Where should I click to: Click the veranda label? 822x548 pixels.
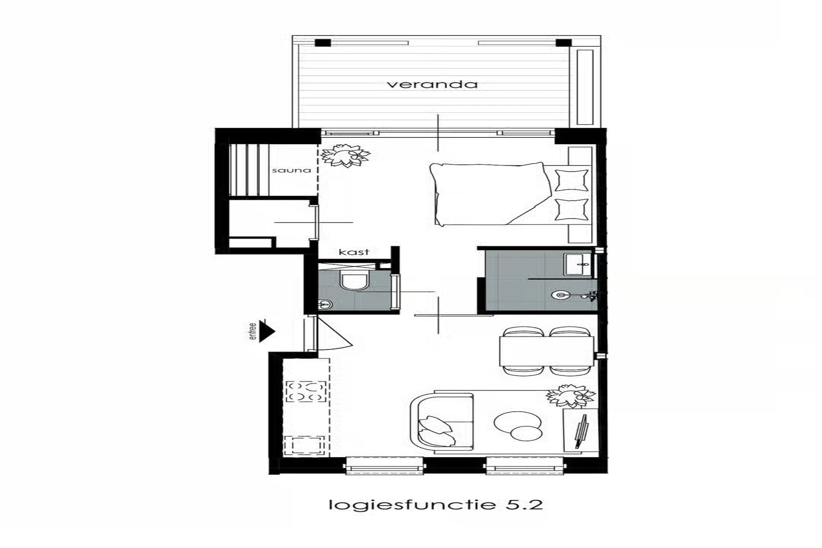pyautogui.click(x=432, y=84)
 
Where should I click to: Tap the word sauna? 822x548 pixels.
pyautogui.click(x=291, y=170)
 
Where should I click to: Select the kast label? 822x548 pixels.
pyautogui.click(x=354, y=252)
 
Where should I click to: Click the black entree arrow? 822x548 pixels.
pyautogui.click(x=267, y=331)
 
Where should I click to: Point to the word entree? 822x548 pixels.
pyautogui.click(x=252, y=332)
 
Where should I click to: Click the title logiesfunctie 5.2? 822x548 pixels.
pyautogui.click(x=435, y=504)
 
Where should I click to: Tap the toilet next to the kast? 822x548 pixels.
pyautogui.click(x=354, y=281)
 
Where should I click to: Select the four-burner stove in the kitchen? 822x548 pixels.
pyautogui.click(x=306, y=391)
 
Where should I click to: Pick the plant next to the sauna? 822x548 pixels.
pyautogui.click(x=345, y=155)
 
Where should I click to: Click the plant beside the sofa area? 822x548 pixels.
pyautogui.click(x=570, y=395)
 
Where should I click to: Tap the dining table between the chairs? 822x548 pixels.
pyautogui.click(x=547, y=351)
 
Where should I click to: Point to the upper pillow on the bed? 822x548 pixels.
pyautogui.click(x=571, y=180)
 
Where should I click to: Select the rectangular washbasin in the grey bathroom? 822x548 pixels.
pyautogui.click(x=578, y=264)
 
